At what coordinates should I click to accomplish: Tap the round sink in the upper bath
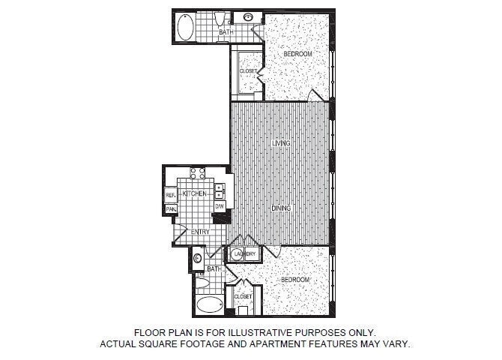(248, 17)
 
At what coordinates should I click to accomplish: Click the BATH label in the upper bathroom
(226, 33)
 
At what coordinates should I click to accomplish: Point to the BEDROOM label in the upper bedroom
(297, 55)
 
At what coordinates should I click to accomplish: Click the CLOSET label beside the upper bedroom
(248, 72)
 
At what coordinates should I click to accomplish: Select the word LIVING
(281, 142)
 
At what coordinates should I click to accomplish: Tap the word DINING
(281, 208)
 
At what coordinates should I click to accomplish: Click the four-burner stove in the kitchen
(198, 175)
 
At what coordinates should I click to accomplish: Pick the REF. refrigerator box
(171, 194)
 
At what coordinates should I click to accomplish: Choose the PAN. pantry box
(171, 208)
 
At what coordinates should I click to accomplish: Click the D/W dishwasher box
(220, 205)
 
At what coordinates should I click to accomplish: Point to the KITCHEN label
(194, 193)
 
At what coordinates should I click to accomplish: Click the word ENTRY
(200, 232)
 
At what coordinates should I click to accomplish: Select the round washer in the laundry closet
(238, 254)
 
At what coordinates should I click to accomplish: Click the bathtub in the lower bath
(209, 304)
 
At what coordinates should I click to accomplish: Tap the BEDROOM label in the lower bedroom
(295, 280)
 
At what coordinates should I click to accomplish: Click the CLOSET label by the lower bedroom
(243, 297)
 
